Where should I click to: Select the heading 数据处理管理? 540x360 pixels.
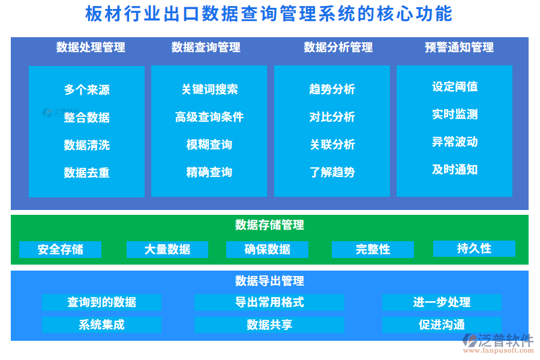pos(91,47)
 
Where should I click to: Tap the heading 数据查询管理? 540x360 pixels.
pos(206,47)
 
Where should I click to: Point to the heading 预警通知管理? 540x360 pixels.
pos(459,47)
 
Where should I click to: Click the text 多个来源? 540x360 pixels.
pos(87,90)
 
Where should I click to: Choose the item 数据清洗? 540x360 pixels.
pos(87,145)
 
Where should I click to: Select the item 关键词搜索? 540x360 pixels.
pos(209,89)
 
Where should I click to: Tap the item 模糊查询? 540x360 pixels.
pos(209,145)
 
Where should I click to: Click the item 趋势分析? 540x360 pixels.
pos(332,89)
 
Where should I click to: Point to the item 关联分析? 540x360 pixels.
pos(332,145)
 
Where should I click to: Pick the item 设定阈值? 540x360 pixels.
pos(455,86)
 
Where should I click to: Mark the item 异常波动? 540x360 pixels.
pos(455,142)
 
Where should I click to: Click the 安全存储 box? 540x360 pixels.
pos(60,249)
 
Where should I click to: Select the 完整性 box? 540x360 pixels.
pos(373,249)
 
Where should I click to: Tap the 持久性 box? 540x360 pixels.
pos(474,248)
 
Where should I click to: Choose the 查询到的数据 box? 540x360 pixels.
pos(101,302)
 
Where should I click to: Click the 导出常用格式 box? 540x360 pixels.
pos(269,302)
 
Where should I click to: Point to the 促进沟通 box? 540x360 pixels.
pos(442,325)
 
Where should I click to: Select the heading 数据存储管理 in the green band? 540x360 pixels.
pos(269,225)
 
